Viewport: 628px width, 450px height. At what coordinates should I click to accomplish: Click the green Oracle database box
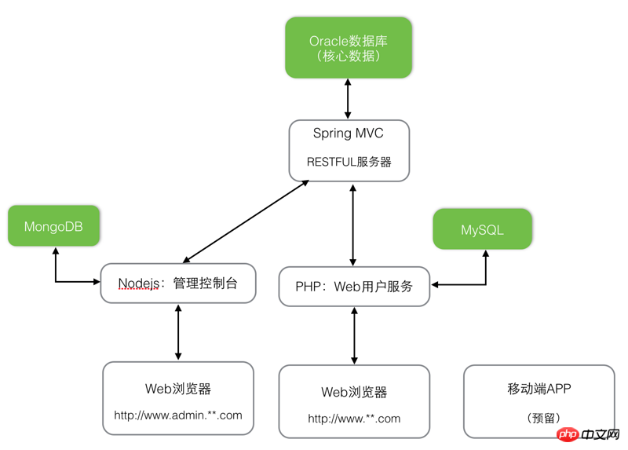pos(349,47)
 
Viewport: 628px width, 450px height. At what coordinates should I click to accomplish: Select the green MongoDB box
pos(53,226)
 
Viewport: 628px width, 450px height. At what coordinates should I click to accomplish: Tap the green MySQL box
pos(482,229)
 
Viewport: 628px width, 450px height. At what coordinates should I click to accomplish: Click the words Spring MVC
pos(349,134)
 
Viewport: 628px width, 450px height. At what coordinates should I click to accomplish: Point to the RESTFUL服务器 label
pos(349,162)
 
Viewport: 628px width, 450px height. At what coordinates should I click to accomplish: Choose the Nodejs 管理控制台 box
pos(178,283)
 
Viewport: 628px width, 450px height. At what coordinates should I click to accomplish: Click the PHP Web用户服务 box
pos(354,287)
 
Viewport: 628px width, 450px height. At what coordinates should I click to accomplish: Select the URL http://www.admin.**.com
pos(178,415)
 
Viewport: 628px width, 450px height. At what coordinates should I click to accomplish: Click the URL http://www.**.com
pos(354,419)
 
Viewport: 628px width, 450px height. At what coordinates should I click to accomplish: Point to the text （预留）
pos(539,419)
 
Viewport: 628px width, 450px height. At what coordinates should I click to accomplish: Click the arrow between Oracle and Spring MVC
pos(348,99)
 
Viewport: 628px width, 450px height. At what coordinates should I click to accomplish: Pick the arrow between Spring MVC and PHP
pos(353,225)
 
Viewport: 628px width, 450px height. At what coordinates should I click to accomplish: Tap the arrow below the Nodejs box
pos(179,332)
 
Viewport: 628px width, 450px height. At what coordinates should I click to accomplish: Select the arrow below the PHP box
pos(355,335)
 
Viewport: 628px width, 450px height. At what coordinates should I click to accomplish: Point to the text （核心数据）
pos(349,57)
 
